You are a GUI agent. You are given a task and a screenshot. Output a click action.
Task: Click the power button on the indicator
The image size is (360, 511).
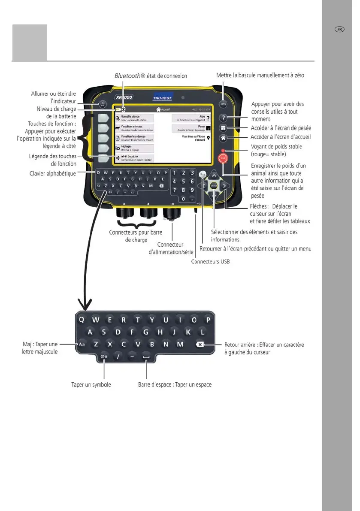click(x=102, y=104)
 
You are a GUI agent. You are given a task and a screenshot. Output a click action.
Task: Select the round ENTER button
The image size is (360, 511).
click(x=214, y=185)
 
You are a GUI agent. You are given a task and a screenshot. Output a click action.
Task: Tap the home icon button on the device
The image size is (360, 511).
click(x=223, y=138)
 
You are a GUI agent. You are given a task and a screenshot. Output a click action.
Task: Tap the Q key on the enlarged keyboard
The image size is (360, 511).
click(x=82, y=320)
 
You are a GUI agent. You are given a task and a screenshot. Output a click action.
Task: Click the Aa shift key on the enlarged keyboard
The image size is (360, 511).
click(x=81, y=344)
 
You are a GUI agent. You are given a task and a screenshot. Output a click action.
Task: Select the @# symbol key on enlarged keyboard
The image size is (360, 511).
click(x=104, y=357)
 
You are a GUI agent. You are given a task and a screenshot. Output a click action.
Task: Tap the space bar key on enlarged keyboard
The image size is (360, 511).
click(x=147, y=357)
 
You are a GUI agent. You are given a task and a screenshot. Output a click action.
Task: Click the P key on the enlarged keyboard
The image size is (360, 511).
click(x=208, y=320)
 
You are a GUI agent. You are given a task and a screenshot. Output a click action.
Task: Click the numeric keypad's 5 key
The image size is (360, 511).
click(x=183, y=181)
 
